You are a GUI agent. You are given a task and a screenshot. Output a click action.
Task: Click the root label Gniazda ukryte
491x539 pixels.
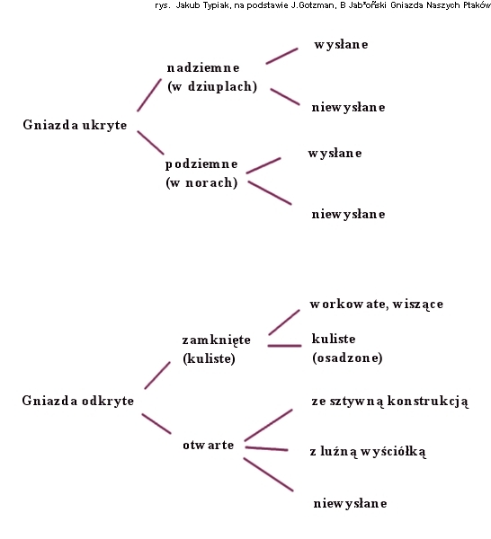pyautogui.click(x=75, y=125)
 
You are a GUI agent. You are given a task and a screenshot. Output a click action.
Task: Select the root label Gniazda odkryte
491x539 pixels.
pyautogui.click(x=78, y=401)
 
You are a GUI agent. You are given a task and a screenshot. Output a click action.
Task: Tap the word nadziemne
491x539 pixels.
pyautogui.click(x=203, y=67)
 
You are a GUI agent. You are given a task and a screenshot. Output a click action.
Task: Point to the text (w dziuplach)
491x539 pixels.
pyautogui.click(x=212, y=86)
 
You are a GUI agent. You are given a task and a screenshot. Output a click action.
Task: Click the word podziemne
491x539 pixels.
pyautogui.click(x=201, y=164)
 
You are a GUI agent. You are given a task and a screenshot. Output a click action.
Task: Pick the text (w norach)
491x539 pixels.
pyautogui.click(x=201, y=182)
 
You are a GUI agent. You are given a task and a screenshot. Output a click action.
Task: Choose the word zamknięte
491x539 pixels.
pyautogui.click(x=217, y=340)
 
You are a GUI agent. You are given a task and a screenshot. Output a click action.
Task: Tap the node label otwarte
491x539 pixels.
pyautogui.click(x=208, y=445)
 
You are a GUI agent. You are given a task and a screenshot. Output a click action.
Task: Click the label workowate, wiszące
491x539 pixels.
pyautogui.click(x=377, y=305)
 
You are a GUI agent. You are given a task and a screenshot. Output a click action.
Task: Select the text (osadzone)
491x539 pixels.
pyautogui.click(x=347, y=358)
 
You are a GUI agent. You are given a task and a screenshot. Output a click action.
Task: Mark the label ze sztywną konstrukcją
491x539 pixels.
pyautogui.click(x=390, y=402)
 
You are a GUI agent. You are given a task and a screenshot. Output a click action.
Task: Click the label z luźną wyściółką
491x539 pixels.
pyautogui.click(x=368, y=451)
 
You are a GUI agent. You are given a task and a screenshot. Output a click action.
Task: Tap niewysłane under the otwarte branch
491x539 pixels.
pyautogui.click(x=351, y=503)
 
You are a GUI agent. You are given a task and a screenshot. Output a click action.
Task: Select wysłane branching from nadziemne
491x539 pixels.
pyautogui.click(x=341, y=44)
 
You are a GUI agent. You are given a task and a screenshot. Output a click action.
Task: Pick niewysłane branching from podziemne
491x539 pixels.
pyautogui.click(x=349, y=214)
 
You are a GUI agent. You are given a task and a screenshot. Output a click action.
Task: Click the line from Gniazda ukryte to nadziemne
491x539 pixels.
pyautogui.click(x=149, y=95)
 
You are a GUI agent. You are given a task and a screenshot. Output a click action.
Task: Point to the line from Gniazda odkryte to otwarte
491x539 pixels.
pyautogui.click(x=156, y=423)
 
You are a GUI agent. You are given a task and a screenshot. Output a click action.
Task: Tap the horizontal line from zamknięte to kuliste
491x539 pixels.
pyautogui.click(x=284, y=346)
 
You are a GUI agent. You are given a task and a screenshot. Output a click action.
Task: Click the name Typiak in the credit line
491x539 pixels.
pyautogui.click(x=216, y=6)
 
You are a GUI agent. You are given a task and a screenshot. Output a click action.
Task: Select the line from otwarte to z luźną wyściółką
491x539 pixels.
pyautogui.click(x=267, y=448)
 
